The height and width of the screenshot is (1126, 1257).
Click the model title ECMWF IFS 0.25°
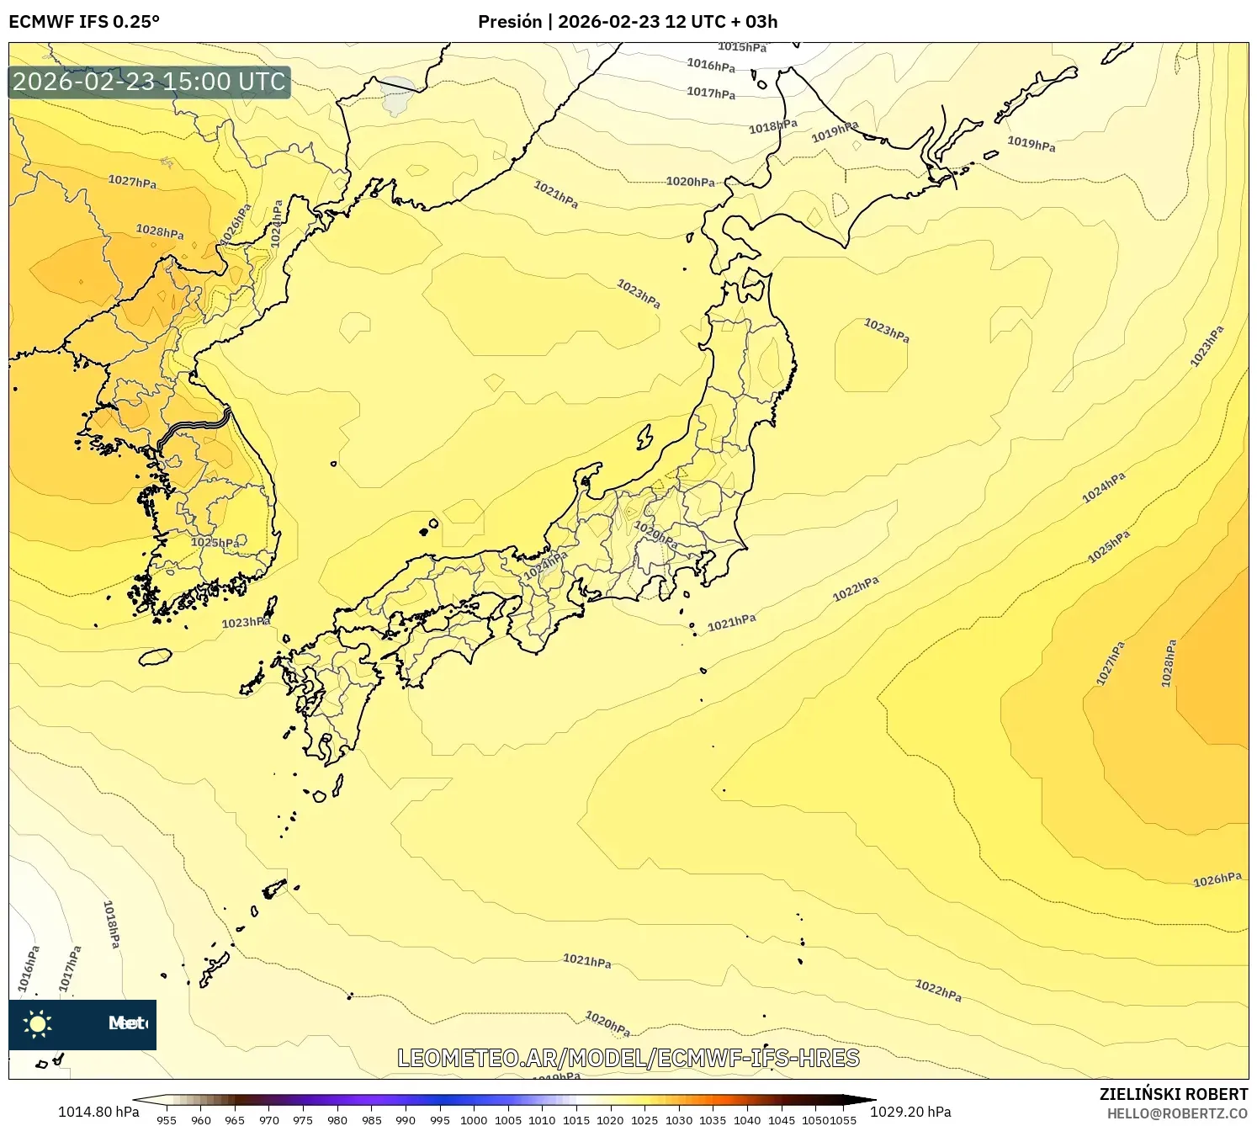[84, 21]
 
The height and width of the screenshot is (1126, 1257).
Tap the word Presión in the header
[510, 21]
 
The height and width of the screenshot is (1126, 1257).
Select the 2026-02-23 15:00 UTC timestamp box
[149, 82]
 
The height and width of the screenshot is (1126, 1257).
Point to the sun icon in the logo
[38, 1023]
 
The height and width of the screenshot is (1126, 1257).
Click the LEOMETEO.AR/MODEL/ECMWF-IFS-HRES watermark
[628, 1058]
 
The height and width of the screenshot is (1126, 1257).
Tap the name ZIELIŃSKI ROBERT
[1173, 1094]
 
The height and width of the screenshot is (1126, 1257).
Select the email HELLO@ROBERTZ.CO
[1176, 1113]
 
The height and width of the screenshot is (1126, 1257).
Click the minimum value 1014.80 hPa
[98, 1112]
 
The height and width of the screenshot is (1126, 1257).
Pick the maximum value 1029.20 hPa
[910, 1112]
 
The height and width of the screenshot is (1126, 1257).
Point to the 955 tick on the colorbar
[167, 1119]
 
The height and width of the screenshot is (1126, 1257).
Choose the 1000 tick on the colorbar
[474, 1119]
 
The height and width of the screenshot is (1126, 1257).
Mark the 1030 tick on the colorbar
[678, 1119]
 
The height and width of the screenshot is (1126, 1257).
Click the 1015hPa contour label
[742, 47]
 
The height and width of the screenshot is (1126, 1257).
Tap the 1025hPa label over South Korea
[215, 543]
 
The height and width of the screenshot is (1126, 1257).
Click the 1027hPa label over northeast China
[132, 181]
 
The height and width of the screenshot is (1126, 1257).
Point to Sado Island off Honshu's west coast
[644, 437]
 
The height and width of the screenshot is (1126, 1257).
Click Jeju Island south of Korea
[155, 656]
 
